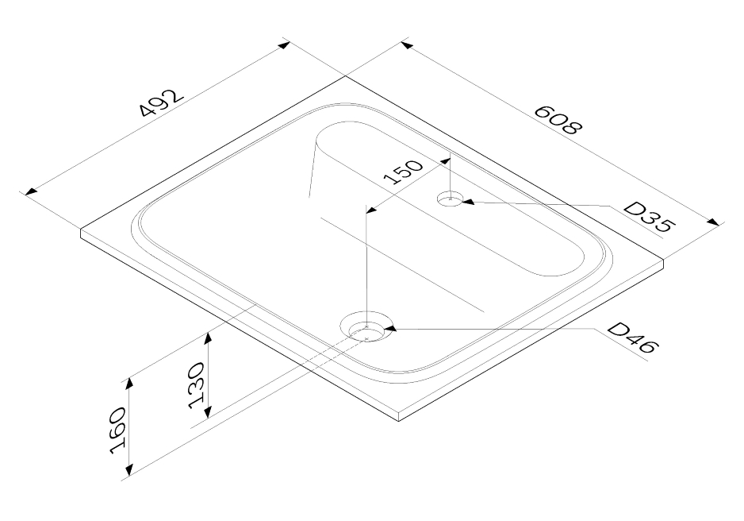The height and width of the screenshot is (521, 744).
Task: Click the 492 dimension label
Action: [161, 102]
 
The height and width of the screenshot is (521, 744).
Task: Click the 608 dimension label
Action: [558, 120]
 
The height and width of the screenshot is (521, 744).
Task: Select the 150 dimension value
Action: [403, 172]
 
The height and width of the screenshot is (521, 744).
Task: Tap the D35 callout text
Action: [648, 217]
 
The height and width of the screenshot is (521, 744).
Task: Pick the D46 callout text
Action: [633, 338]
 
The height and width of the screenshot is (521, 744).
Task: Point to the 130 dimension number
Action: [197, 386]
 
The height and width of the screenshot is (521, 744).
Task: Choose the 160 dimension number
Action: [117, 430]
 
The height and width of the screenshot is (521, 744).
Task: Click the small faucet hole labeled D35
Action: [450, 199]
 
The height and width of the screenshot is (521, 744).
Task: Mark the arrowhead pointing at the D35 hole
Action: [468, 202]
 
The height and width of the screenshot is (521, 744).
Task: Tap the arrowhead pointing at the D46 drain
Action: [390, 327]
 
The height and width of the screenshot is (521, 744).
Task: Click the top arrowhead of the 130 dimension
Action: [207, 338]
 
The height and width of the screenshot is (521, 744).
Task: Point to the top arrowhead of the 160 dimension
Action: [129, 384]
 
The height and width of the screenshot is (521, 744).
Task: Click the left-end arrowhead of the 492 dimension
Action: [31, 191]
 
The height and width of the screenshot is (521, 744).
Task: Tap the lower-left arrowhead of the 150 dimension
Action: [374, 209]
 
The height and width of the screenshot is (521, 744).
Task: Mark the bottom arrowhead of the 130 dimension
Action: [207, 411]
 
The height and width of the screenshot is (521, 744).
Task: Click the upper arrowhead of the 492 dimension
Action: [283, 45]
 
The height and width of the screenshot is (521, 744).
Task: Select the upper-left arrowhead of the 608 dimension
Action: [407, 45]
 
